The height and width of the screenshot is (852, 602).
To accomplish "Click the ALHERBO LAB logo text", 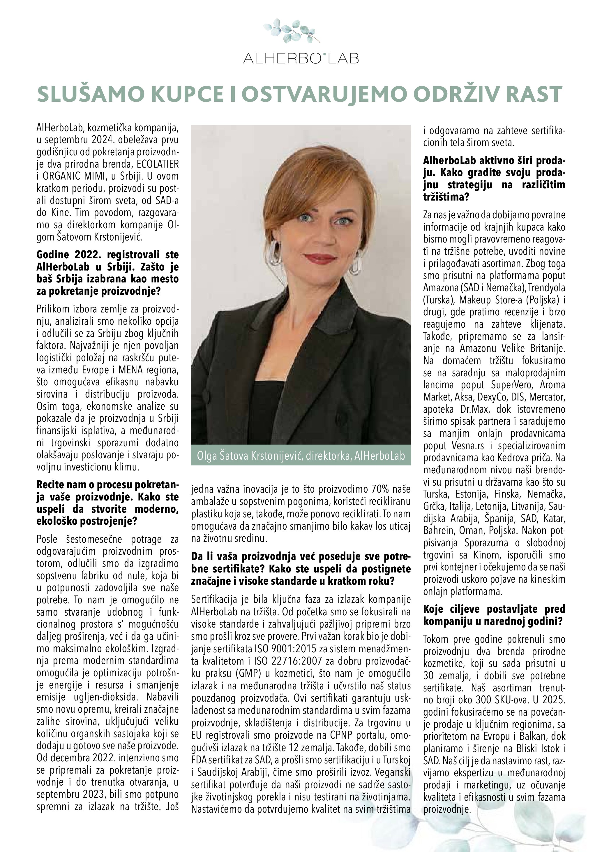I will click(301, 58).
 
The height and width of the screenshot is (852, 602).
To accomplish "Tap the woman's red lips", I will click(319, 258).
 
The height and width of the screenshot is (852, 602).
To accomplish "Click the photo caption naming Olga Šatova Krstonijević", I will click(301, 455).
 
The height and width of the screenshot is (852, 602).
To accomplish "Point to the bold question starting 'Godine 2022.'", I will click(107, 273).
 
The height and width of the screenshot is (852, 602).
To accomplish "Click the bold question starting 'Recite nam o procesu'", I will click(107, 503).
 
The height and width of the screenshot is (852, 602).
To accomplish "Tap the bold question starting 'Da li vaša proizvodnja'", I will click(301, 568).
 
